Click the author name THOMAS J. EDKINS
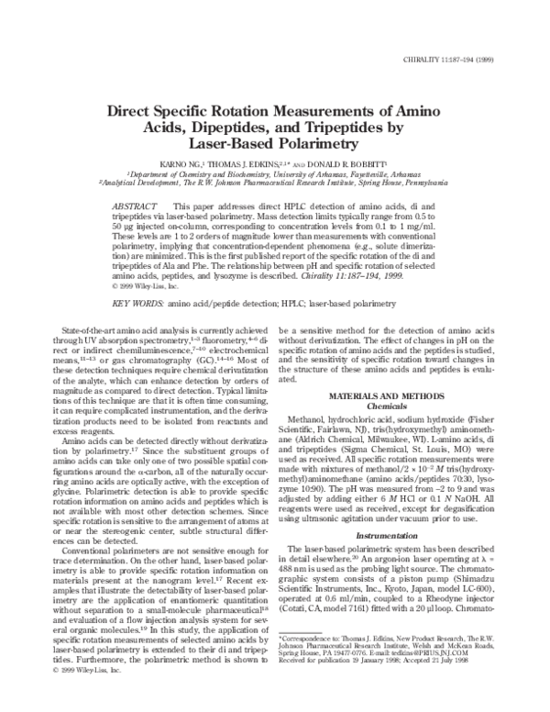(241, 162)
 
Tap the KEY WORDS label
(137, 277)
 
